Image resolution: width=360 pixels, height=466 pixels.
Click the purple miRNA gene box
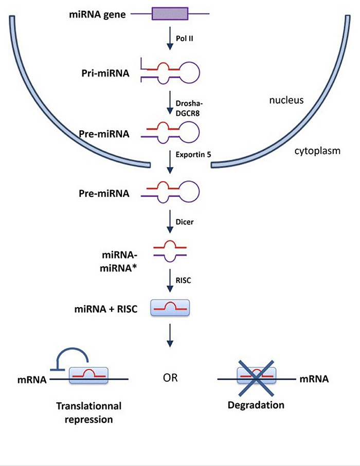click(170, 14)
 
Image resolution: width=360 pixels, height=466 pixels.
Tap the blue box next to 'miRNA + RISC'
click(170, 308)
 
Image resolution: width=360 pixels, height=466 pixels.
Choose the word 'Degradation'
click(256, 405)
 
